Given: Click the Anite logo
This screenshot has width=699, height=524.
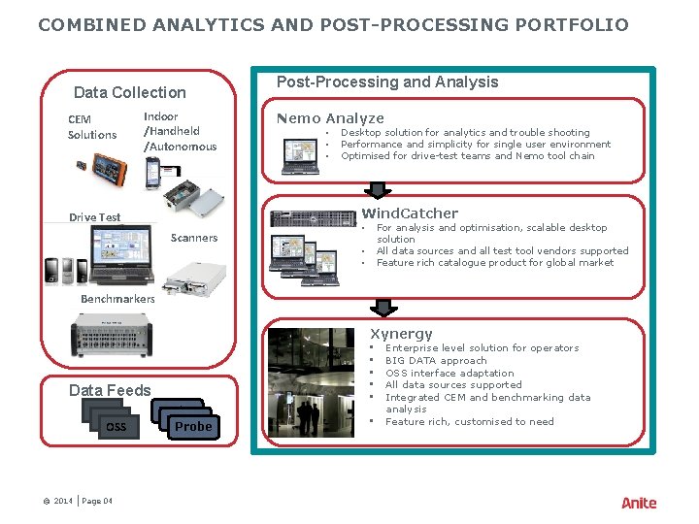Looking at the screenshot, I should [x=639, y=503].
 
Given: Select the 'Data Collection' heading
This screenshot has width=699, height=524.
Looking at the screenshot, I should [x=129, y=92].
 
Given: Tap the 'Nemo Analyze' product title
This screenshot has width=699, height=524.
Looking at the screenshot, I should [x=330, y=118].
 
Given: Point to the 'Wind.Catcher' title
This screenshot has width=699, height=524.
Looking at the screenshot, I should [x=410, y=213].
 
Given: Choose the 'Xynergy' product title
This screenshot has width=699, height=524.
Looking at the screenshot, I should [x=401, y=334].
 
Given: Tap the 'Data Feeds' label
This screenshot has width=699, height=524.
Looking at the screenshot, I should [x=110, y=390].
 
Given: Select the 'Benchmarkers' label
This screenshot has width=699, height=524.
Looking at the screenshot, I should [x=117, y=299].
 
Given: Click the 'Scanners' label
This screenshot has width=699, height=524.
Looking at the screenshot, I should [x=194, y=238].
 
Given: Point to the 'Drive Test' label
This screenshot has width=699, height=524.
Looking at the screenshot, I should [x=95, y=217].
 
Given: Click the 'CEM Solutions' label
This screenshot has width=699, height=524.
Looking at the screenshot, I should [x=92, y=127].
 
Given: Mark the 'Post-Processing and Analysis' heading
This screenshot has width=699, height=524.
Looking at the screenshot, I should [x=387, y=82].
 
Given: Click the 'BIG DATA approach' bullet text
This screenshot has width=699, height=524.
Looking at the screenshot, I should [x=436, y=360].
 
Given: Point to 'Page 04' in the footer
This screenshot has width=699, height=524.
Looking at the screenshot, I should [x=97, y=501].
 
